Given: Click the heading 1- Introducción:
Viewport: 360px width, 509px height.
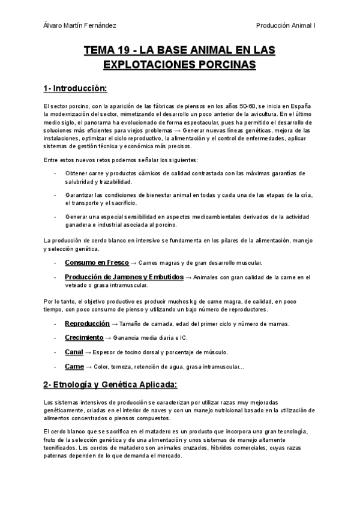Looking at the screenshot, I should [x=74, y=89].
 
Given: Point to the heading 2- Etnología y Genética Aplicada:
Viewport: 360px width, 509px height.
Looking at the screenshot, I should [x=110, y=384].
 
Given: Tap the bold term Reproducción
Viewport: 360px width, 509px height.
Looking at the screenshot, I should [x=87, y=324].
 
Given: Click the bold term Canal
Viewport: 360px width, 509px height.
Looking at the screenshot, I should [x=74, y=352].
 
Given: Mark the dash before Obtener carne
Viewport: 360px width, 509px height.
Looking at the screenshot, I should [x=55, y=173].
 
